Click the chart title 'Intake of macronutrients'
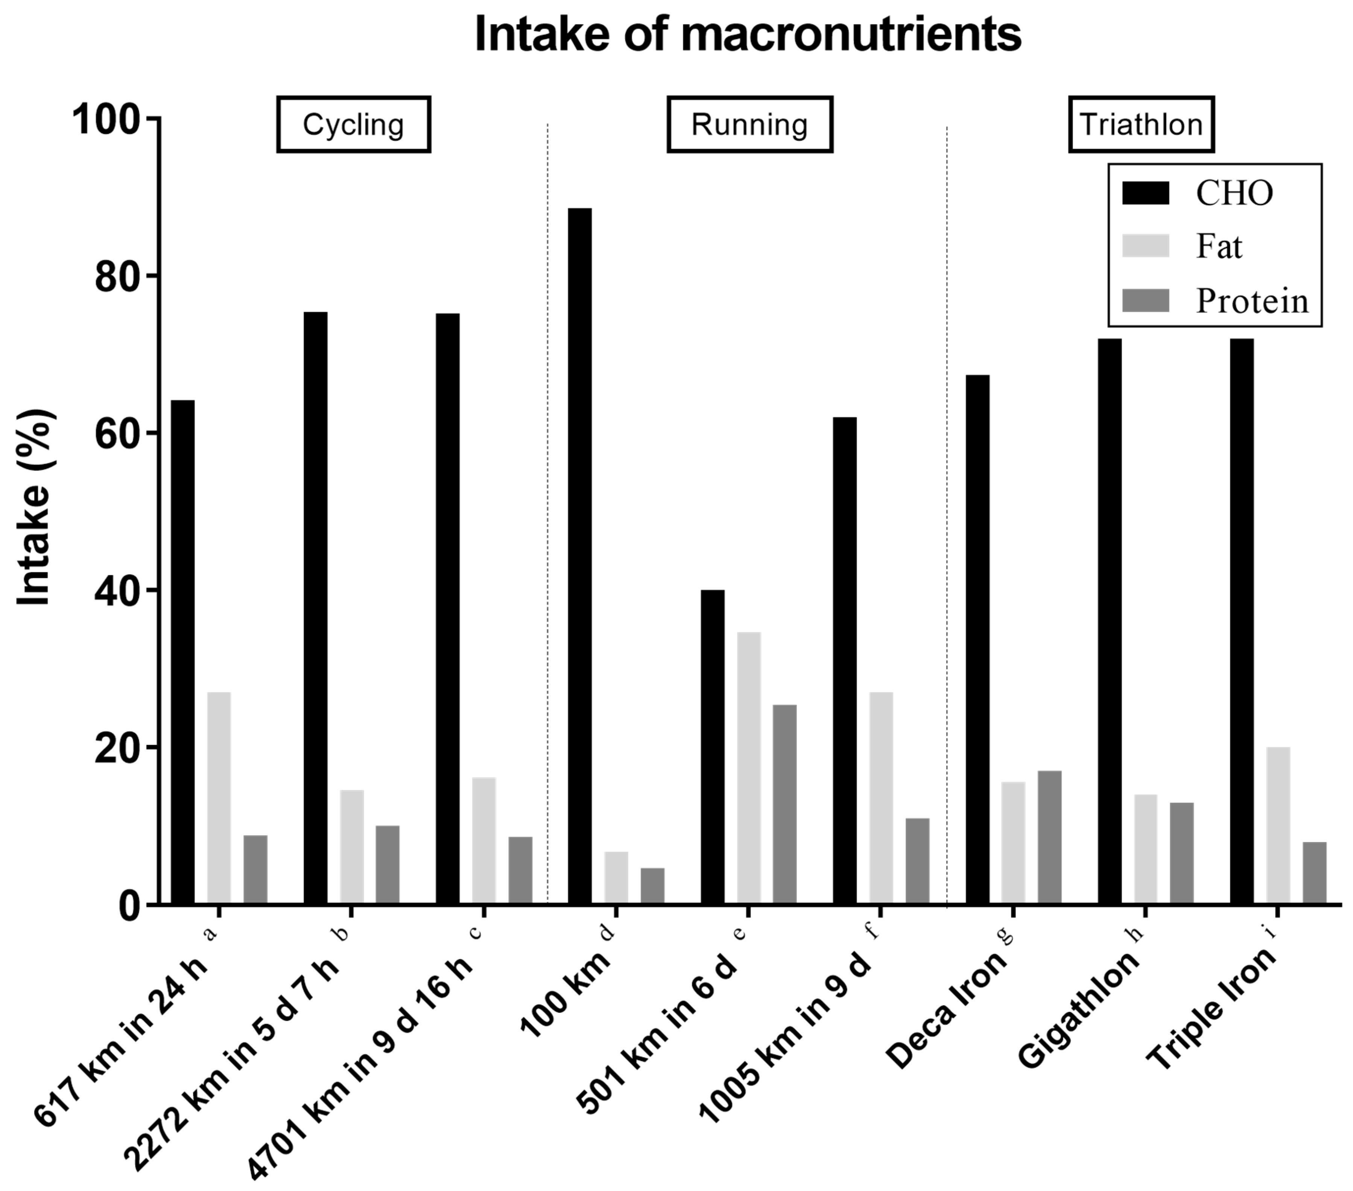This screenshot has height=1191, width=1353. point(748,34)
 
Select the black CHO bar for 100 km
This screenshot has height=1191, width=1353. point(580,556)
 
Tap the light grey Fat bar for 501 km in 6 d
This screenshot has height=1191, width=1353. point(749,768)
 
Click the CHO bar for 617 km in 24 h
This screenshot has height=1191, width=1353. point(183,652)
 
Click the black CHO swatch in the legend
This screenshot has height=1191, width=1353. point(1146,193)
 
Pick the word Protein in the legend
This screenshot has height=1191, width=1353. point(1253,301)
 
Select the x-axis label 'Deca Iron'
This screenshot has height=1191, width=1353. point(947,1012)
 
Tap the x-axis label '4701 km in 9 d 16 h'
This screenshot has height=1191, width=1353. point(361,1072)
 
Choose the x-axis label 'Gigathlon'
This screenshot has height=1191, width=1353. point(1079,1012)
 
